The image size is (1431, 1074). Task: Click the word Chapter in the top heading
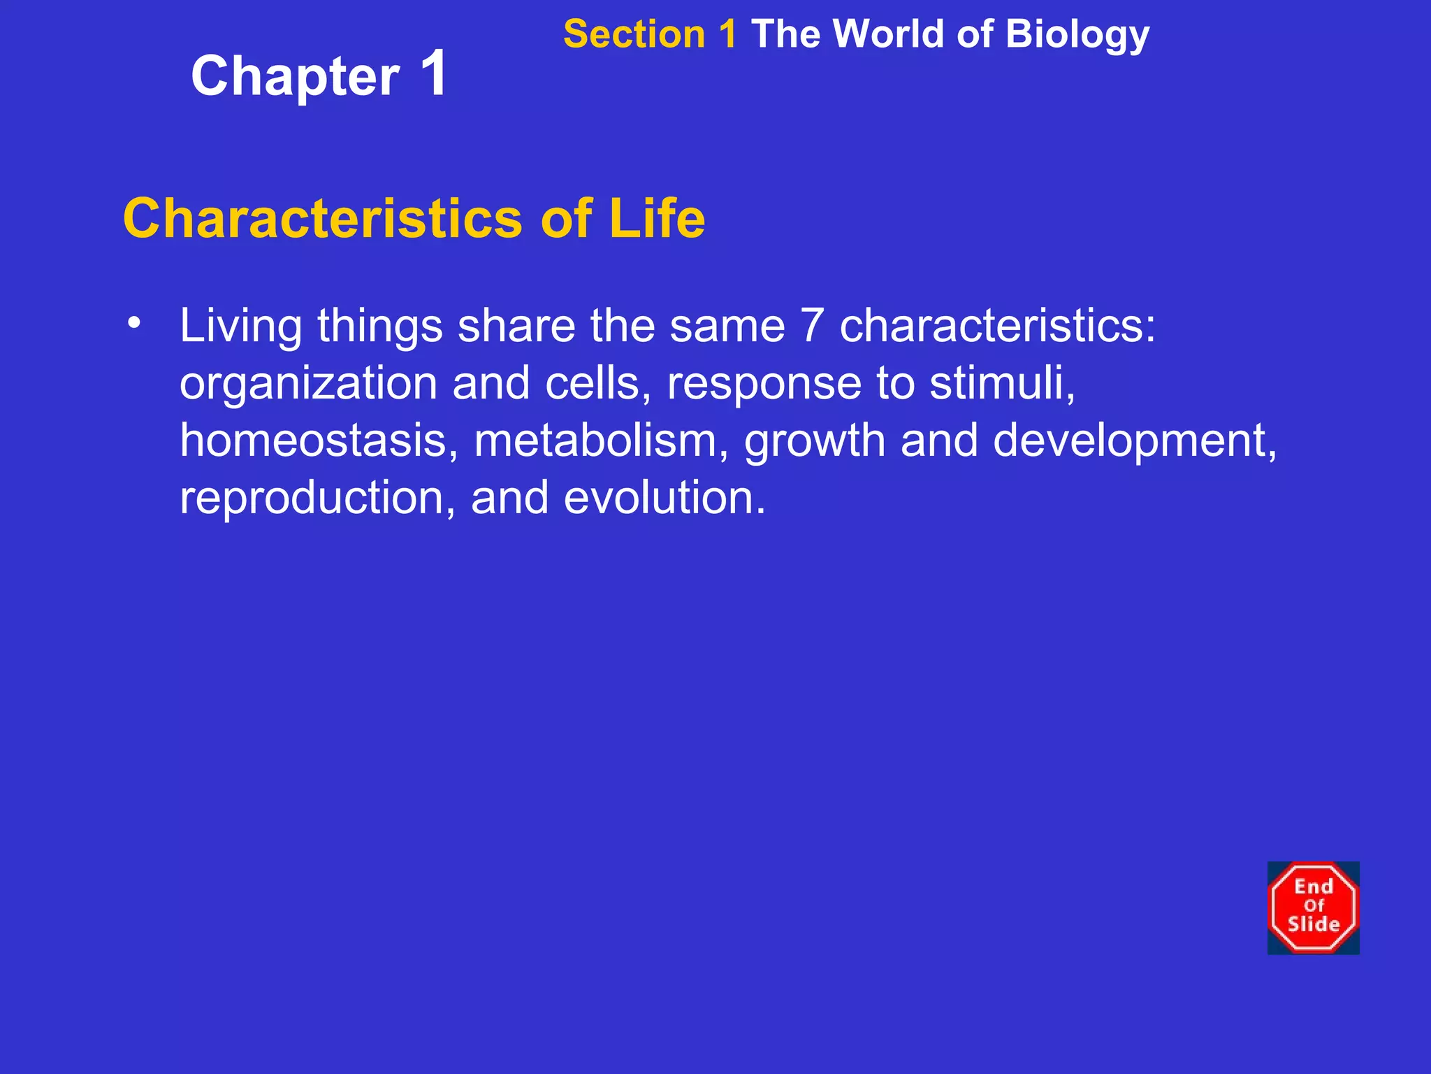295,77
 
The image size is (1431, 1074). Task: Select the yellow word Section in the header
634,34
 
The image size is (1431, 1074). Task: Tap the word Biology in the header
1077,34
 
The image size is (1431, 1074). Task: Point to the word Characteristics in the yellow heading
322,218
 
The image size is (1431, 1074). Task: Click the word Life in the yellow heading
656,218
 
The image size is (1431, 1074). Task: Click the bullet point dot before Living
134,322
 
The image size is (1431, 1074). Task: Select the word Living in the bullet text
241,327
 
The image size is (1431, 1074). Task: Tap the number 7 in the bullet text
812,326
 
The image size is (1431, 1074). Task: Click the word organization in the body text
308,384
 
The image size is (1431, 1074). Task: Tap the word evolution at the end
663,498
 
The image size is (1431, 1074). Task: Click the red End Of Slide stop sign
1313,908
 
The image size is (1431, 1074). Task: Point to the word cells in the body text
597,383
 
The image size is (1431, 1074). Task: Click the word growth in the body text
814,442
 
